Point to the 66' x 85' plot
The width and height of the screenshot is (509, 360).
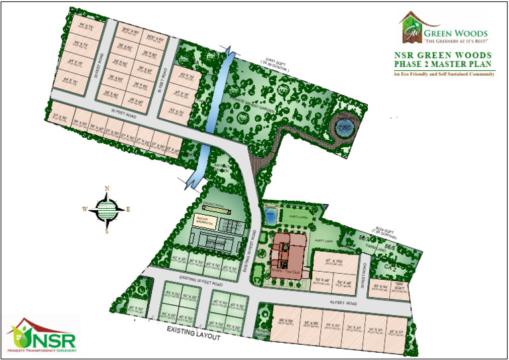(x=286, y=323)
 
